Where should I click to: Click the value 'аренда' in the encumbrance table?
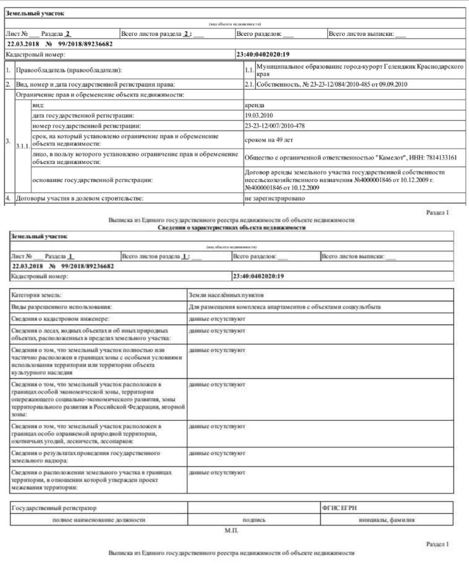coord(256,106)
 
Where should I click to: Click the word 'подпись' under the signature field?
coord(254,520)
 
